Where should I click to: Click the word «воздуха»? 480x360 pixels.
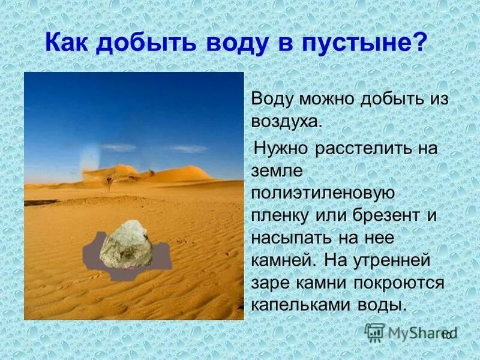[286, 122]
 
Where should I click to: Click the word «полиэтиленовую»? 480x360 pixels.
[322, 193]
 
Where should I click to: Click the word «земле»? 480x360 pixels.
[271, 170]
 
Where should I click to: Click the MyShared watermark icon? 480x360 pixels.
[375, 332]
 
